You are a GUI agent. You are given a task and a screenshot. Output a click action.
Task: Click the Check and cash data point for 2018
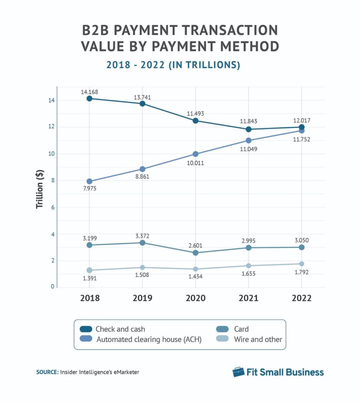click(x=89, y=99)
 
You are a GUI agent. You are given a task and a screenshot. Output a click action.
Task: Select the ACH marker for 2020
click(x=195, y=154)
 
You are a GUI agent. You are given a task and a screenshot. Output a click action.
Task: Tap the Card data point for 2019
click(x=142, y=243)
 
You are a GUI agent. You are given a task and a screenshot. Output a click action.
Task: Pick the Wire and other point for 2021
click(x=249, y=266)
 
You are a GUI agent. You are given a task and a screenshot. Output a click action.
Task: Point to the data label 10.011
click(x=195, y=163)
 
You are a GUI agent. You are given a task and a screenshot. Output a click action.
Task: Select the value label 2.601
click(x=195, y=245)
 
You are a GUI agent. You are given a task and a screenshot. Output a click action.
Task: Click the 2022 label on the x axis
click(x=301, y=298)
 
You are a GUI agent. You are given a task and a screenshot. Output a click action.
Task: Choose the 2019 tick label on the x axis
click(x=142, y=298)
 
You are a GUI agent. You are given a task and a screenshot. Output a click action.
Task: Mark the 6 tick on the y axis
click(x=52, y=208)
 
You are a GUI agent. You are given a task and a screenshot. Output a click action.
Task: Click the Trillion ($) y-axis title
click(x=40, y=190)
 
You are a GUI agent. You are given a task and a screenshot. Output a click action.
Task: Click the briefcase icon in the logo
click(x=238, y=372)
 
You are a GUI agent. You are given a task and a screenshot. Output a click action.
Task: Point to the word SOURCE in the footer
click(x=45, y=372)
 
